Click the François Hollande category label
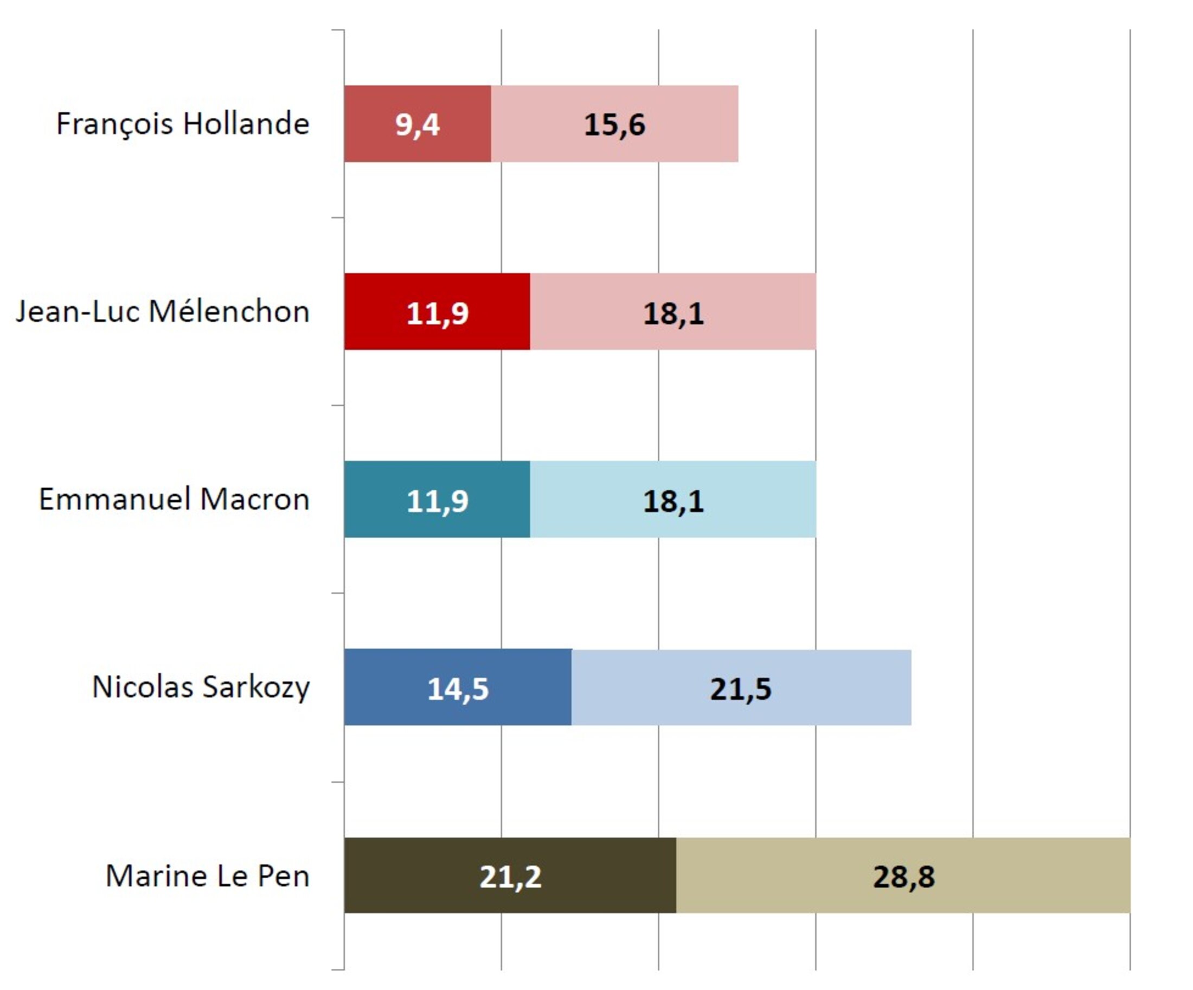(182, 124)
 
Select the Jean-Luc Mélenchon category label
(163, 312)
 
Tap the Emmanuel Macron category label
(174, 500)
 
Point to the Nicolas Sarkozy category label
(201, 687)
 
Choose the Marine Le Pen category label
(207, 876)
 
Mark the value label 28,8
(903, 876)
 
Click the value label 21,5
(740, 688)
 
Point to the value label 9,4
(417, 124)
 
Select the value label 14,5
(457, 688)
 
